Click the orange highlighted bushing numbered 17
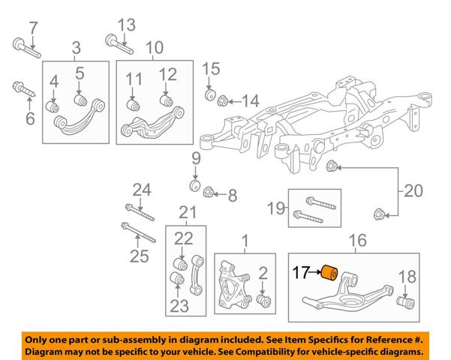[329, 272]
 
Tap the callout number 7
[33, 28]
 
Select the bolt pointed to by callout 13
[119, 44]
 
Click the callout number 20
[413, 191]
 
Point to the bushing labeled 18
[405, 302]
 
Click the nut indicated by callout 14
[223, 100]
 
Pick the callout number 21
[188, 213]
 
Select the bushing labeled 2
[263, 301]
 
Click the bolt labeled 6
[23, 89]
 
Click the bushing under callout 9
[195, 185]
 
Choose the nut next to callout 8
[208, 192]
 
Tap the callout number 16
[357, 241]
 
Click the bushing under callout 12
[167, 100]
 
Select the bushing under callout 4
[53, 106]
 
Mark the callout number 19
[276, 208]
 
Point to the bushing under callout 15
[210, 94]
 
